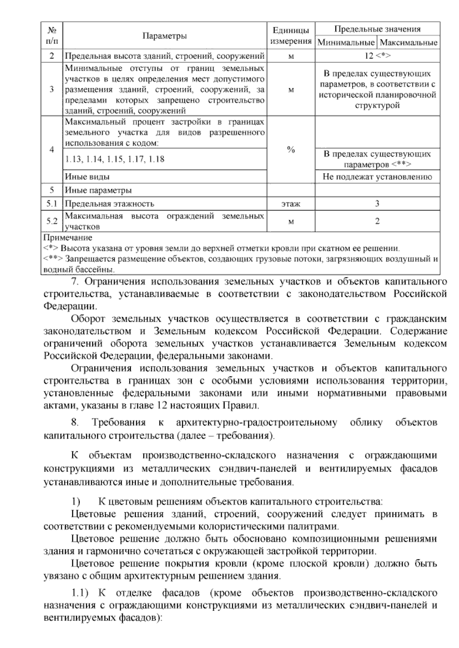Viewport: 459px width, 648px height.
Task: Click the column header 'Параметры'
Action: coord(164,36)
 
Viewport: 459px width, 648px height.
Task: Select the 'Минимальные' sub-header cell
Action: coord(346,42)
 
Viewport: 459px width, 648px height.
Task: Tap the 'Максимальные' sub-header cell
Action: coord(409,42)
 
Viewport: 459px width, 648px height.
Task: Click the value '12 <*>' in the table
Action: coord(377,56)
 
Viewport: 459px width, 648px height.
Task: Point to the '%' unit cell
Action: coord(291,150)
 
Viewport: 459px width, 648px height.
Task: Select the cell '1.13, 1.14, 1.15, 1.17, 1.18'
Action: coord(115,159)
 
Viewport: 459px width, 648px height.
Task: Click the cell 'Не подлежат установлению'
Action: coord(377,177)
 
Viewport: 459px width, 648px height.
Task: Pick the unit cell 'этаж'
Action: coord(291,204)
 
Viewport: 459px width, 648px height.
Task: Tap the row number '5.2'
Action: coord(52,221)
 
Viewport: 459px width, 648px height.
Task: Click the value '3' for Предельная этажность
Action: coord(377,204)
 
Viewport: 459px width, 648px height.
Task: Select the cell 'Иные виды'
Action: coord(87,177)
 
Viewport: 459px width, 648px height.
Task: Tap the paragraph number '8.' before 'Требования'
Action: coord(75,423)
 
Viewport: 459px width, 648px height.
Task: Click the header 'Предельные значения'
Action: coord(377,29)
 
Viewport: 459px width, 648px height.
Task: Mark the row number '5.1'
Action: coord(52,204)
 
